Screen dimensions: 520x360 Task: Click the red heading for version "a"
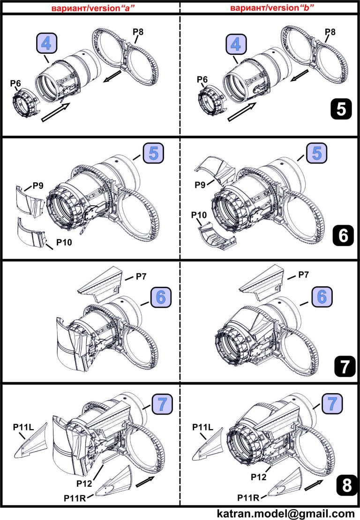(91, 7)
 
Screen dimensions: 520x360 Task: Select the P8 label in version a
(138, 32)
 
